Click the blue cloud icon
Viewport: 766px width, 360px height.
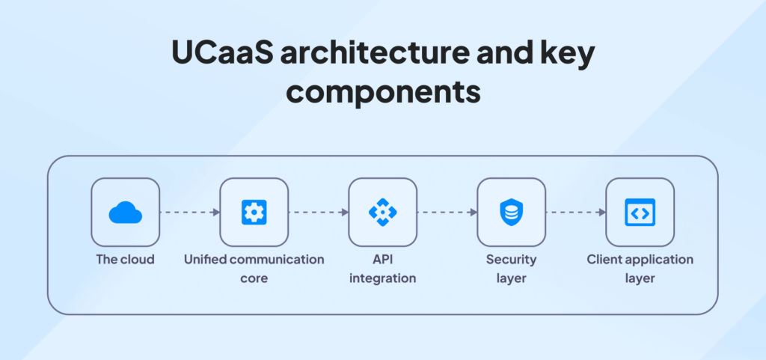point(125,212)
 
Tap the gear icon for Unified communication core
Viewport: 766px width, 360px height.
point(254,212)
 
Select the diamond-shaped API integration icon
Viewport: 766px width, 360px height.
point(382,212)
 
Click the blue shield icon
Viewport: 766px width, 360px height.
point(511,212)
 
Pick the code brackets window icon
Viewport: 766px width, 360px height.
point(640,212)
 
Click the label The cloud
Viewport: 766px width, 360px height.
point(125,259)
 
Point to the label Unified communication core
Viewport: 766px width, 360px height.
point(254,269)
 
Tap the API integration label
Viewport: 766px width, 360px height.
point(382,269)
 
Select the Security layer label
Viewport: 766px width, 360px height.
point(511,269)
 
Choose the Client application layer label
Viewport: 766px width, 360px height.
point(640,269)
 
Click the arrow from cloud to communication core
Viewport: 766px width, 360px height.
point(189,212)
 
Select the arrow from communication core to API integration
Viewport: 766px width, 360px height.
point(319,212)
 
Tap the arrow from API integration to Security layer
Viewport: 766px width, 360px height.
point(447,212)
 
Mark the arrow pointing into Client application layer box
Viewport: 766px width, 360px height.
point(575,212)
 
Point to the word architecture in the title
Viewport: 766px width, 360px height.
point(374,55)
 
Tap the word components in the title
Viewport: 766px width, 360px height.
point(383,93)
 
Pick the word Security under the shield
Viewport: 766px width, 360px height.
point(511,260)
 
